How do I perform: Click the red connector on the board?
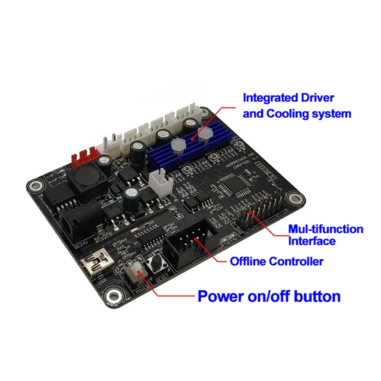click(x=82, y=159)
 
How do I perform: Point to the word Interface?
click(x=312, y=241)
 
